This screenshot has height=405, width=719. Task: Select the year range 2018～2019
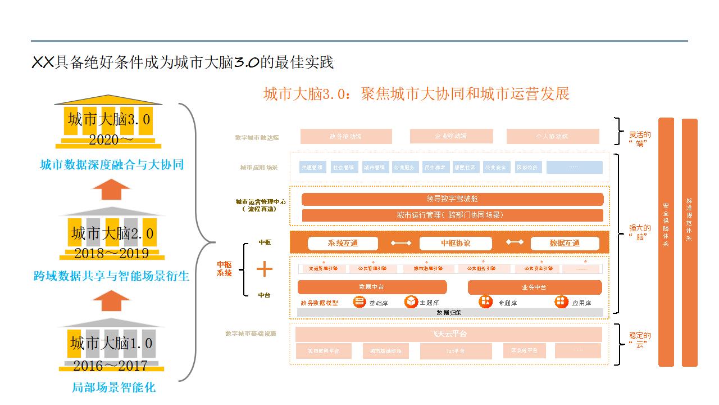pyautogui.click(x=111, y=253)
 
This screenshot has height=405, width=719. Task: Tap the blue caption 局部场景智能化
pyautogui.click(x=114, y=388)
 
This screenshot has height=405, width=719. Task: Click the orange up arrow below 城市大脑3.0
pyautogui.click(x=111, y=190)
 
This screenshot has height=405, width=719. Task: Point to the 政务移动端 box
pyautogui.click(x=346, y=136)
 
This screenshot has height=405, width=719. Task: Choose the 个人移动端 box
pyautogui.click(x=553, y=136)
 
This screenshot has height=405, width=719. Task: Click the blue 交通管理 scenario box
pyautogui.click(x=312, y=167)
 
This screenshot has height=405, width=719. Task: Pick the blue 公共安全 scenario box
pyautogui.click(x=496, y=167)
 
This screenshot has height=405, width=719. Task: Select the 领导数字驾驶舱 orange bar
pyautogui.click(x=452, y=199)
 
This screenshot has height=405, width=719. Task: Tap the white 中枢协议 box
pyautogui.click(x=456, y=243)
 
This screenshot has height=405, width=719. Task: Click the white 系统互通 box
pyautogui.click(x=343, y=243)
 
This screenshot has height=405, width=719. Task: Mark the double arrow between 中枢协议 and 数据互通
pyautogui.click(x=515, y=242)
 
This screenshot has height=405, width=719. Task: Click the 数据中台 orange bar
pyautogui.click(x=372, y=287)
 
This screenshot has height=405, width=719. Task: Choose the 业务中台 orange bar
pyautogui.click(x=534, y=287)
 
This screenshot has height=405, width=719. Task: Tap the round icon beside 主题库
pyautogui.click(x=411, y=302)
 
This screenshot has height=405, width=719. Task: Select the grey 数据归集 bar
pyautogui.click(x=449, y=312)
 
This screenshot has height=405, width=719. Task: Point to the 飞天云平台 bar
pyautogui.click(x=448, y=334)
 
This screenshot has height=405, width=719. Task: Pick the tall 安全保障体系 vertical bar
pyautogui.click(x=666, y=242)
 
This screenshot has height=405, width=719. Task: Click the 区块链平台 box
pyautogui.click(x=524, y=350)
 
